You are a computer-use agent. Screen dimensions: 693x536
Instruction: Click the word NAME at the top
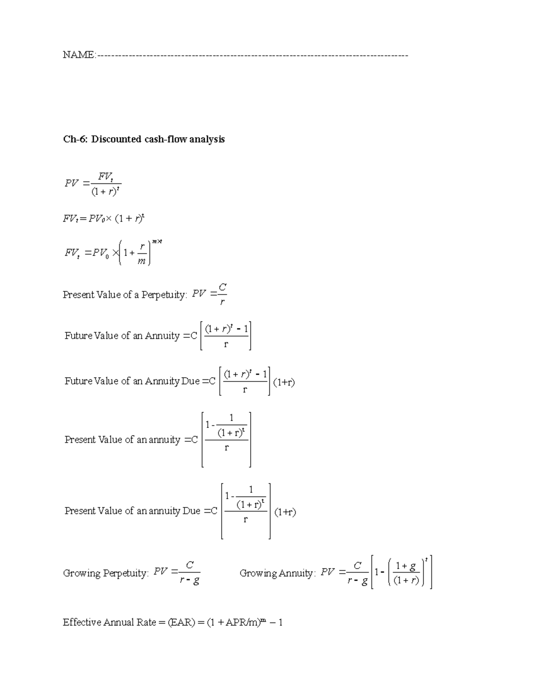78,55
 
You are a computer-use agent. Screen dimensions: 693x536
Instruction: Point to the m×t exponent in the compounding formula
157,242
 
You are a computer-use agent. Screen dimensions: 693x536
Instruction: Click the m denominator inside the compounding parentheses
142,261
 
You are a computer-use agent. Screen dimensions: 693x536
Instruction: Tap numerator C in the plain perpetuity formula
222,289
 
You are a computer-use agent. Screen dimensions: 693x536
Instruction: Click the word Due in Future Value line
190,381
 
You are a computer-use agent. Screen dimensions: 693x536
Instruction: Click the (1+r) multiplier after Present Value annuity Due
285,512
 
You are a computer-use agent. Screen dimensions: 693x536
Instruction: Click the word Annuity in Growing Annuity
296,573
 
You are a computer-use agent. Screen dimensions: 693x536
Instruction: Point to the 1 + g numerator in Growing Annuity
405,567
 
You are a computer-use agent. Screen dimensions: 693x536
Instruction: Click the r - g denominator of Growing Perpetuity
189,581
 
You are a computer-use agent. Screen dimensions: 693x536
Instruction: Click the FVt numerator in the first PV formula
105,177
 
